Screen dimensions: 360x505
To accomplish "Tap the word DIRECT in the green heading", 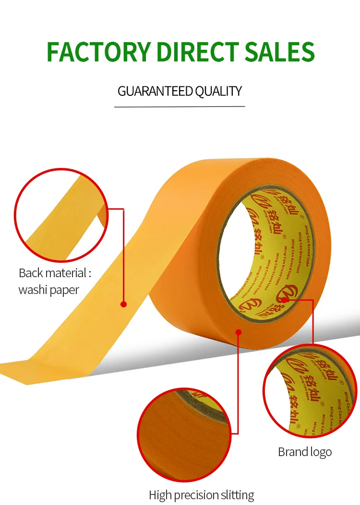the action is (x=199, y=52).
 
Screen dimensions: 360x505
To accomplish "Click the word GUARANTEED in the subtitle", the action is (x=155, y=91).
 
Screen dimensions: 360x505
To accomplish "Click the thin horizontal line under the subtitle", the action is (x=180, y=106).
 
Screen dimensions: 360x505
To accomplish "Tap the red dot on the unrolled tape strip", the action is (x=123, y=304).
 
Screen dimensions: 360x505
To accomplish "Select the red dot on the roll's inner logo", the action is (x=284, y=300).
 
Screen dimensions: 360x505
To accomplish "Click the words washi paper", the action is (x=48, y=290).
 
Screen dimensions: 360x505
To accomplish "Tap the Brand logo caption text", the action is (x=305, y=452).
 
